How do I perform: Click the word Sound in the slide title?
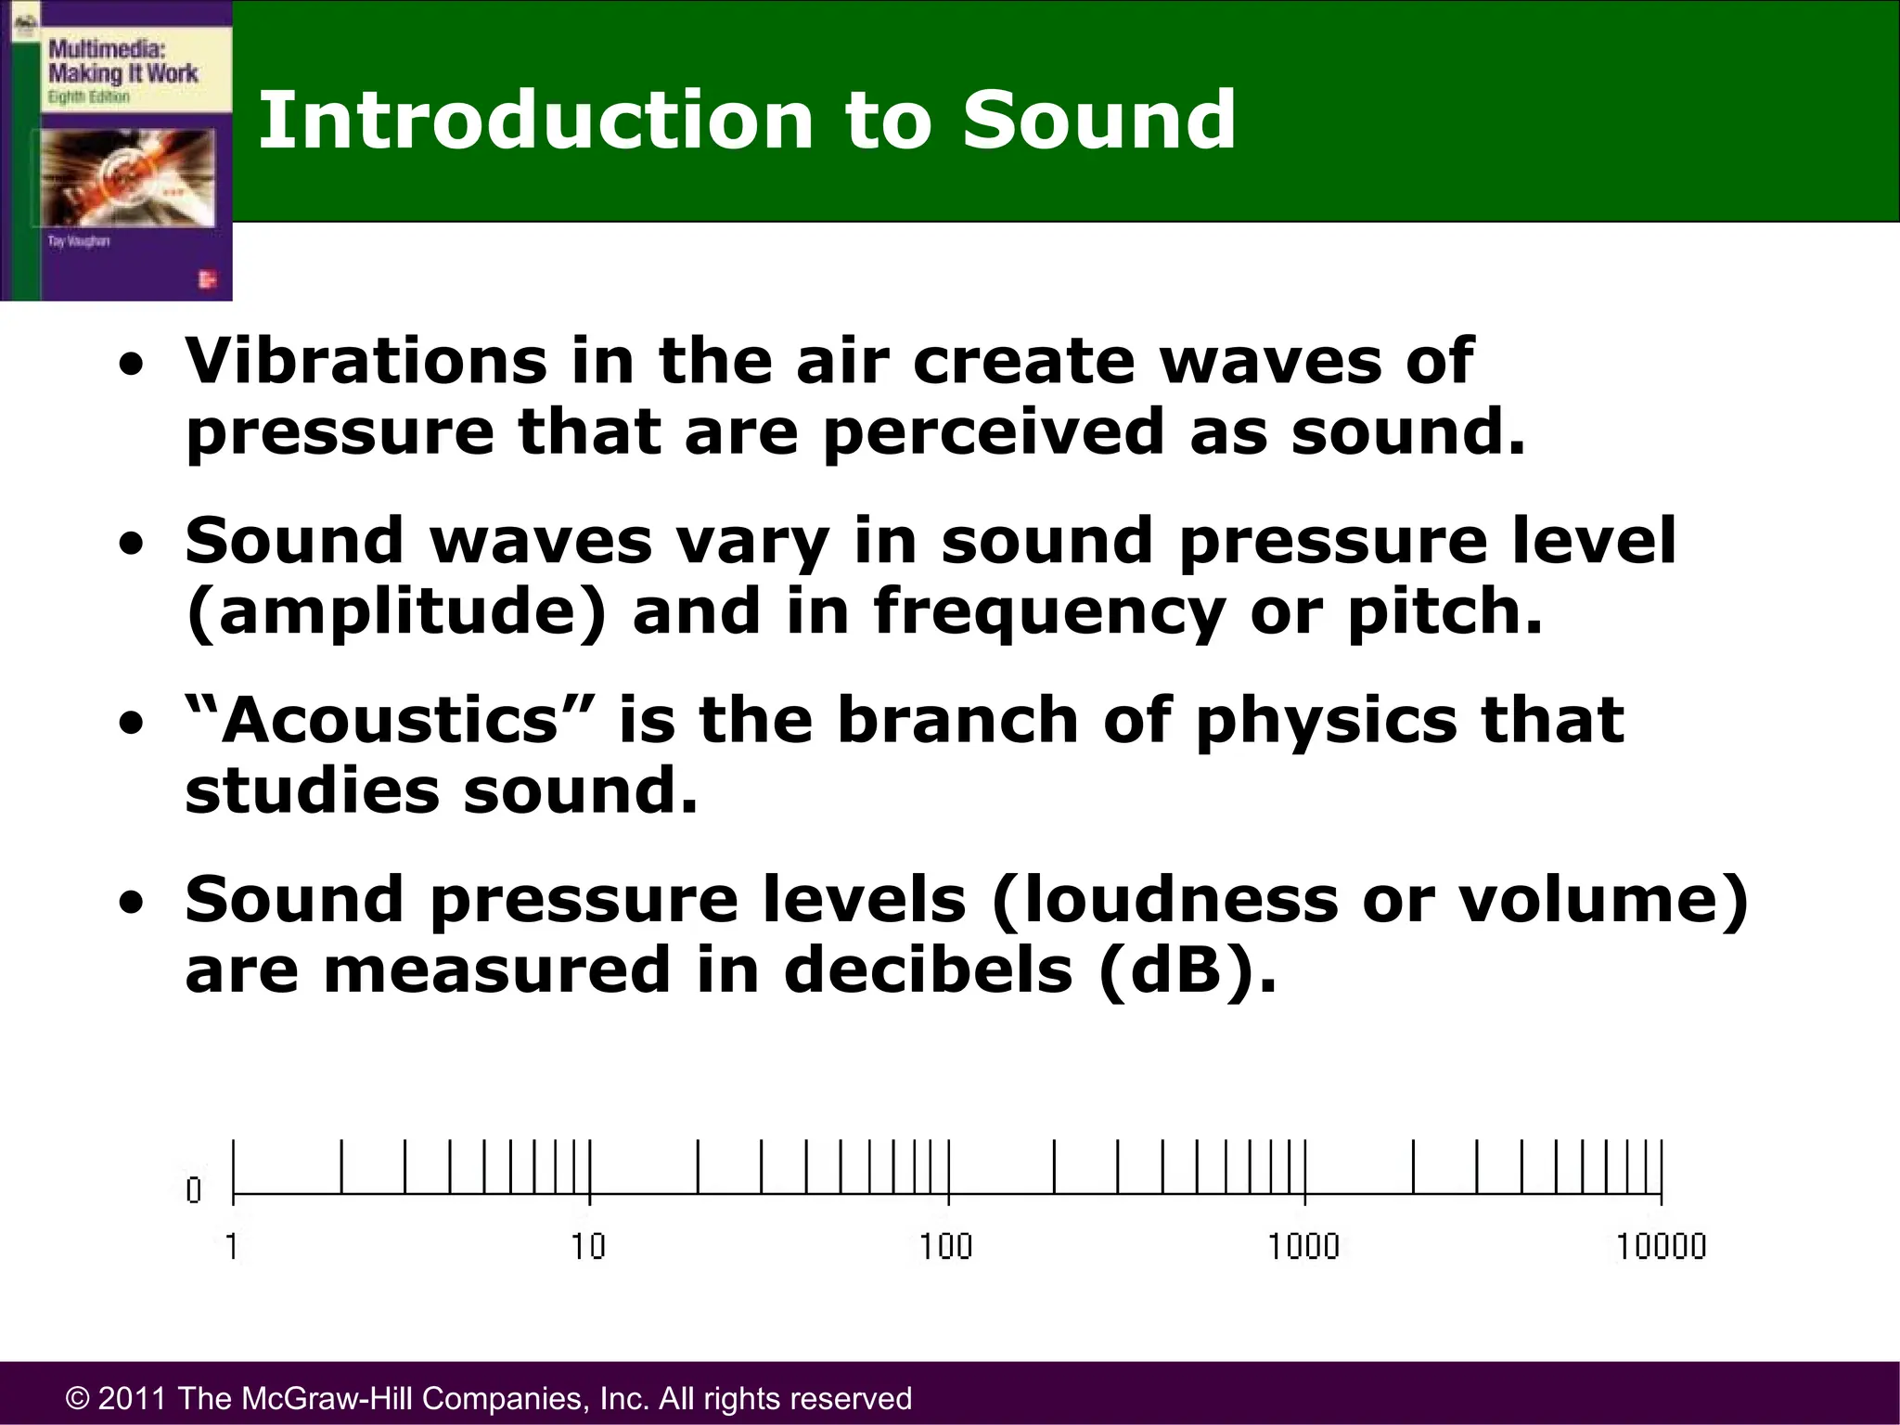click(1098, 121)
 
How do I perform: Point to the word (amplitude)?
click(396, 612)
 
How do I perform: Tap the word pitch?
click(1444, 614)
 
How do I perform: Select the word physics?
click(1326, 722)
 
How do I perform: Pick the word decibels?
click(928, 970)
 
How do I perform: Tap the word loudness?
click(1164, 900)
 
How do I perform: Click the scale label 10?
click(588, 1246)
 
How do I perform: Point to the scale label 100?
click(945, 1246)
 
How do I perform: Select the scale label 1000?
click(1303, 1246)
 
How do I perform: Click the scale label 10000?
click(1661, 1246)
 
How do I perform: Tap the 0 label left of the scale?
click(193, 1190)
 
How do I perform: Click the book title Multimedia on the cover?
click(107, 48)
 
